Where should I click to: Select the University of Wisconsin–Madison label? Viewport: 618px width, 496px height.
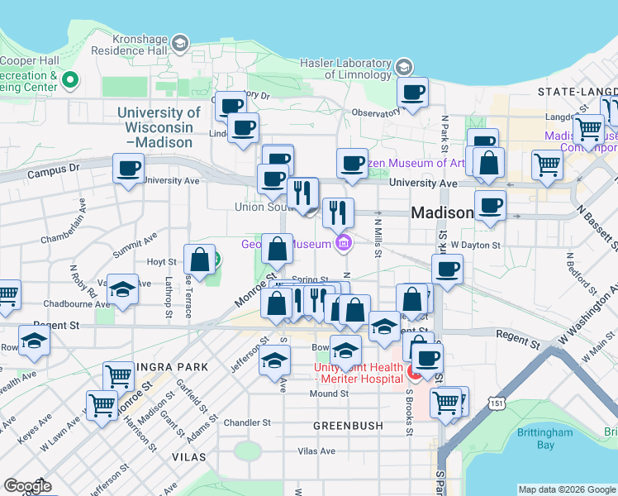pos(159,127)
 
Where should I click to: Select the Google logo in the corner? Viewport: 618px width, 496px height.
pos(27,485)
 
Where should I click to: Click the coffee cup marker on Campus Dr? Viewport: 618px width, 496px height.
pos(127,169)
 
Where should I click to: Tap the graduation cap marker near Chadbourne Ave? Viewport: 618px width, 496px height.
pos(122,289)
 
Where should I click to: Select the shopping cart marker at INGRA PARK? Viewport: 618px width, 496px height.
pos(119,376)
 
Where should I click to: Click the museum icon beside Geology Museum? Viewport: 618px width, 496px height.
pos(344,243)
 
